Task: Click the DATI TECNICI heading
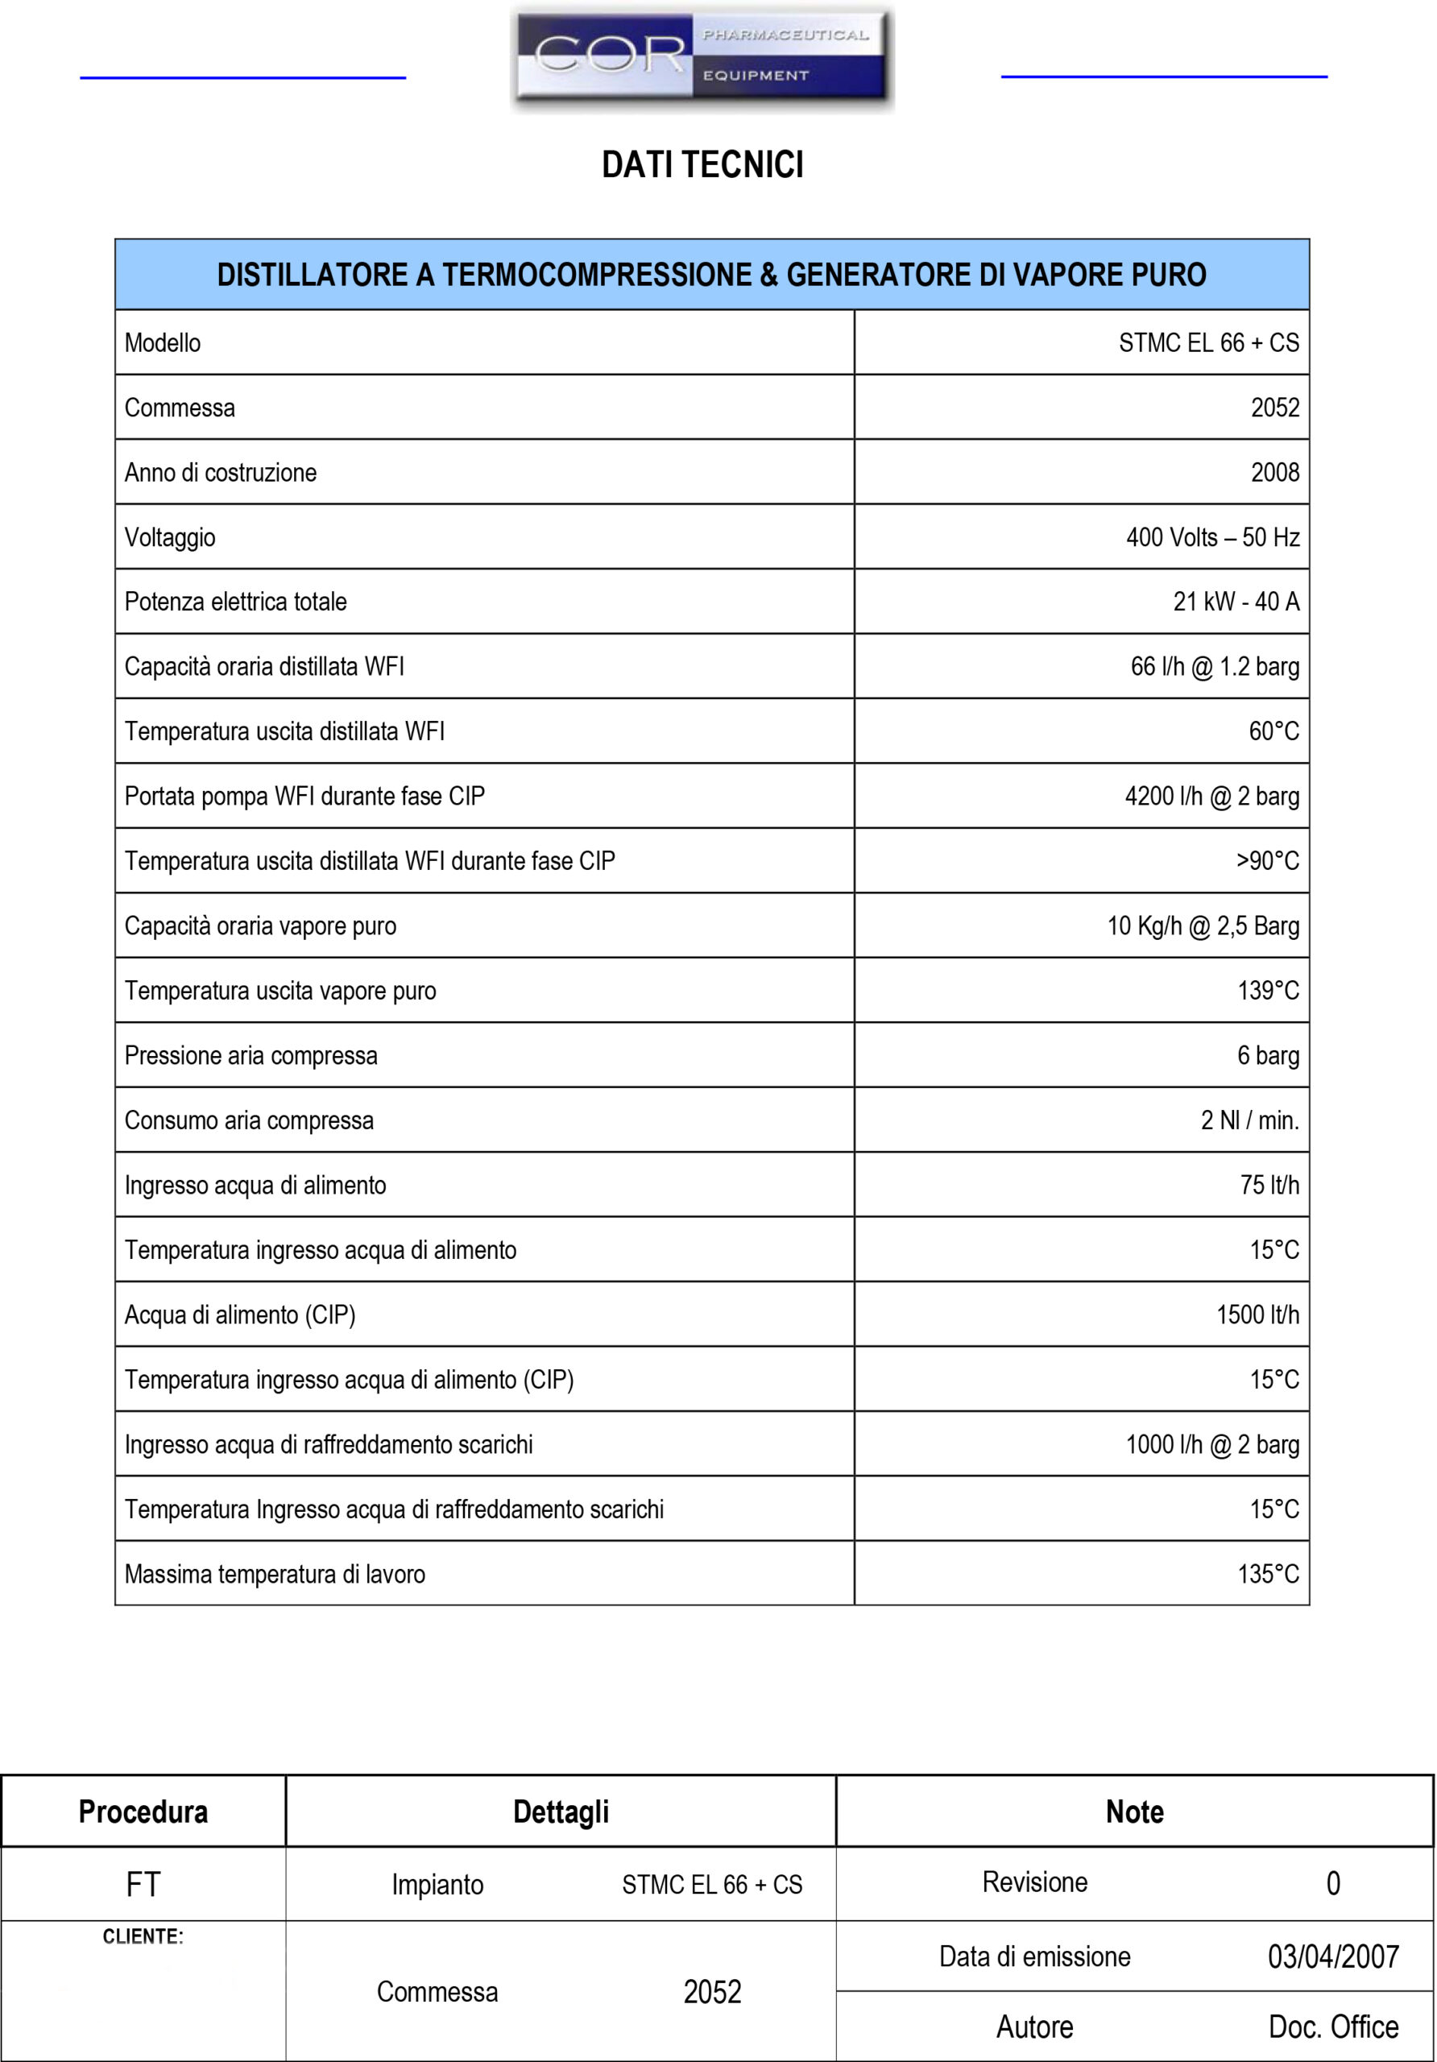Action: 702,165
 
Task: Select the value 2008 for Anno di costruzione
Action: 1274,472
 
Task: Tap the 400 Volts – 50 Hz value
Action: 1212,537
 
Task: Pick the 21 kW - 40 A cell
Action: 1236,602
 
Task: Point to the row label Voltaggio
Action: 170,537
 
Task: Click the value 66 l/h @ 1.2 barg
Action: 1214,666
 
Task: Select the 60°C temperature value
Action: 1273,731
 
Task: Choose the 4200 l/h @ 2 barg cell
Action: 1211,796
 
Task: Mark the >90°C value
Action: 1267,860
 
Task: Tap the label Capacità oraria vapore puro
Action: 260,926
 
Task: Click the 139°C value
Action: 1268,991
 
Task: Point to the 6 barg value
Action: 1268,1055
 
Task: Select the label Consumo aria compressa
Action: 249,1120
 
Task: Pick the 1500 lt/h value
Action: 1257,1315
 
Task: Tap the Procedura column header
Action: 143,1811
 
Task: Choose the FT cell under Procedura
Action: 143,1884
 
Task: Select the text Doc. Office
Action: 1333,2027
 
